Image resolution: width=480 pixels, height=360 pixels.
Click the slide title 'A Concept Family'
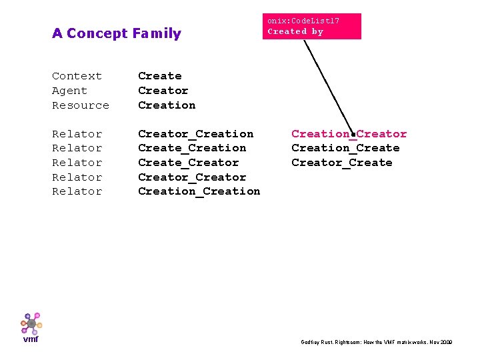pos(117,33)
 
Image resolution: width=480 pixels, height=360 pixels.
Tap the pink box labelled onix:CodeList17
pos(311,26)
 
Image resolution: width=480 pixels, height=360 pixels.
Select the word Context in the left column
pos(77,76)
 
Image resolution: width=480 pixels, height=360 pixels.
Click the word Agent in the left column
pos(69,91)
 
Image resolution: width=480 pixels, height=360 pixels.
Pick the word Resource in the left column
pos(81,105)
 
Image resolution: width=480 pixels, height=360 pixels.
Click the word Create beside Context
pos(159,76)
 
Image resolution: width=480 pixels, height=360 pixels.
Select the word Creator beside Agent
pos(163,91)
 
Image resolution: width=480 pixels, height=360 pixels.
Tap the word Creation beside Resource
pos(167,105)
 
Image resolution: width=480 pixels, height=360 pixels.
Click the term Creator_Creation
pos(195,134)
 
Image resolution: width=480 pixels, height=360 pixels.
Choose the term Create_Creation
pos(192,148)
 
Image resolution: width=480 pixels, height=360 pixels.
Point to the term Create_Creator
pos(188,163)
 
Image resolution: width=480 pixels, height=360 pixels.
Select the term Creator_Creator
pos(192,177)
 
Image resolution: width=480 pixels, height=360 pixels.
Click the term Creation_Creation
pos(199,191)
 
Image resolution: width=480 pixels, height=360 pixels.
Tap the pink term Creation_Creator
pos(349,134)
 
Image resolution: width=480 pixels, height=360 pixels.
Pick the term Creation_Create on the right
pos(345,148)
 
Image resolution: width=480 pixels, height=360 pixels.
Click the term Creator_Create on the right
pos(341,163)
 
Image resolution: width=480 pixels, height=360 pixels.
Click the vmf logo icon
pos(31,325)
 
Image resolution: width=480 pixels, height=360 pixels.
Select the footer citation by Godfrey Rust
pos(377,342)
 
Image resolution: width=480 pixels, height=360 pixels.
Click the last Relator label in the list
pos(77,191)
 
